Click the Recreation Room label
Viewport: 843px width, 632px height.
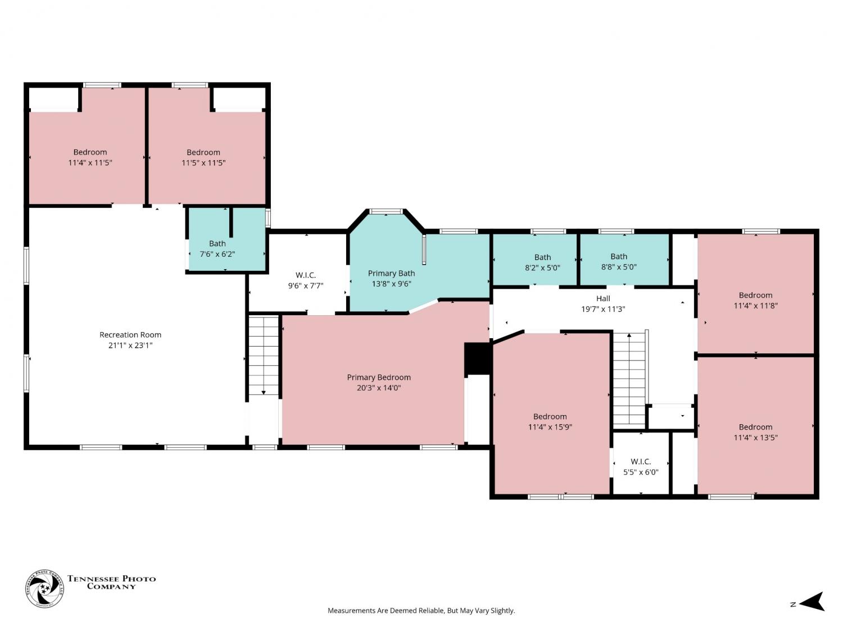[x=130, y=335]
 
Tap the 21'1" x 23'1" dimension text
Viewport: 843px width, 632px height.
[x=130, y=345]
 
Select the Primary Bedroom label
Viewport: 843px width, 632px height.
[x=379, y=378]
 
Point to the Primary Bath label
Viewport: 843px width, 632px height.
[x=391, y=274]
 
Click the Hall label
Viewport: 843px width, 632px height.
[x=603, y=298]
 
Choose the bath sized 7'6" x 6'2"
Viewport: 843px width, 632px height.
[x=226, y=239]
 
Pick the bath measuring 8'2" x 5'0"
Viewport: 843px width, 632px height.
[x=534, y=260]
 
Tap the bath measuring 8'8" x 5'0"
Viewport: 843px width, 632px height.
[x=624, y=260]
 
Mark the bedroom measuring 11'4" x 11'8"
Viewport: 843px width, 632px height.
[x=755, y=293]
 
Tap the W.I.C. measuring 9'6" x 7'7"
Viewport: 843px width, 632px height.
[x=298, y=273]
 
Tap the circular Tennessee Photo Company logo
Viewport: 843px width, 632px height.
[x=44, y=588]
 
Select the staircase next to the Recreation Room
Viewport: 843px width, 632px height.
[x=264, y=356]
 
